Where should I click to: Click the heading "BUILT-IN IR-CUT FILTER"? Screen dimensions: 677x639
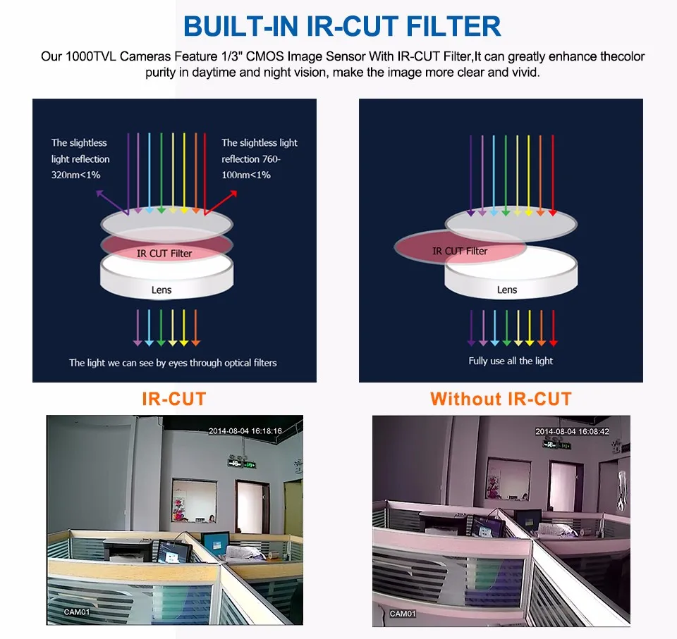coord(342,26)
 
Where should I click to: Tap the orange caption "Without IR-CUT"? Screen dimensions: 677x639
coord(501,399)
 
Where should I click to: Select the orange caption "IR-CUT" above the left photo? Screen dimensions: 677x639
coord(173,399)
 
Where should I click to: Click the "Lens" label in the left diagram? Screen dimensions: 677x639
coord(161,290)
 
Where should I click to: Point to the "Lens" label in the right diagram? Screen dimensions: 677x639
coord(507,290)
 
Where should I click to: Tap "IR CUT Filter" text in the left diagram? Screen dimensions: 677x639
coord(164,254)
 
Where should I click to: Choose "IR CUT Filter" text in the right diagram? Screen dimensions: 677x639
coord(460,251)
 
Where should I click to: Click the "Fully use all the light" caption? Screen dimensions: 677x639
coord(511,361)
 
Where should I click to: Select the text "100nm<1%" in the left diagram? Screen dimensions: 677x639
coord(246,175)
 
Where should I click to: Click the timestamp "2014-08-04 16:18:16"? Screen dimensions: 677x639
coord(245,431)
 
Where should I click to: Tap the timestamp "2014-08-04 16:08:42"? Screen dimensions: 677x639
coord(572,431)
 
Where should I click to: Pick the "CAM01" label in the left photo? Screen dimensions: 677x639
coord(77,612)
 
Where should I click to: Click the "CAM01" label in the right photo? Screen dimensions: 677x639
coord(403,614)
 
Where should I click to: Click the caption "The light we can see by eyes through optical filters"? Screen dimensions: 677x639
coord(173,363)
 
